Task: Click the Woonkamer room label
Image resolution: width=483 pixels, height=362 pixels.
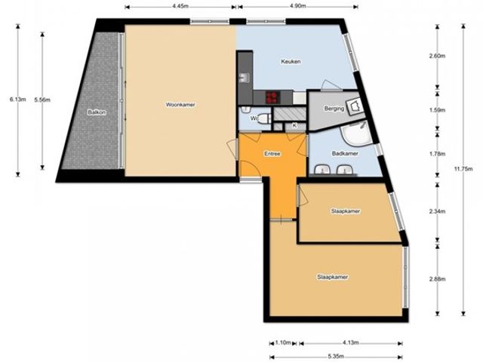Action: coord(180,105)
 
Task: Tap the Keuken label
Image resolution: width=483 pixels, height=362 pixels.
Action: coord(291,62)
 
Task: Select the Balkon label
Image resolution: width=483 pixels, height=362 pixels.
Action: coord(97,112)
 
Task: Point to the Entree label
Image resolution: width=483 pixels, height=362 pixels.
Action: coord(272,154)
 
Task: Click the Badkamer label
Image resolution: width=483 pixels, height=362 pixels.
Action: coord(345,153)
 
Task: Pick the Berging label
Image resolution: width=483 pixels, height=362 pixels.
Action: coord(334,109)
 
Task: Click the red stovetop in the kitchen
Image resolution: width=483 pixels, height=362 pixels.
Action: coord(272,97)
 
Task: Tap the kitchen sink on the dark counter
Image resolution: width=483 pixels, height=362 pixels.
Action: coord(245,78)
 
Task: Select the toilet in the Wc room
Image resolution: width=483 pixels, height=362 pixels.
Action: coord(264,118)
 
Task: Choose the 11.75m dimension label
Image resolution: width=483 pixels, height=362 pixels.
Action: coord(463,169)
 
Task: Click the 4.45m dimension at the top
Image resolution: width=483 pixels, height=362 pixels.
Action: coord(180,6)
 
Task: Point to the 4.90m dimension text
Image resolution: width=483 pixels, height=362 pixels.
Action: coord(297,6)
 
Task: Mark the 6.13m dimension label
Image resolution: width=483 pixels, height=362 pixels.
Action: coord(17,99)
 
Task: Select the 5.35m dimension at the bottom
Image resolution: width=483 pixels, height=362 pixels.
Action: coord(336,357)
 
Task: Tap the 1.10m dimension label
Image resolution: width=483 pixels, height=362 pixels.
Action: coord(283,342)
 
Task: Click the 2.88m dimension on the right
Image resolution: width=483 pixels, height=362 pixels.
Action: coord(438,279)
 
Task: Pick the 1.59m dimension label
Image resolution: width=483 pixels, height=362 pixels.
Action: coord(438,110)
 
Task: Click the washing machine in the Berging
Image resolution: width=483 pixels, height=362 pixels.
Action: coord(355,106)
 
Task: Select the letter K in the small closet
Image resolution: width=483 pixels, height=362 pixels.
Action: coord(294,126)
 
